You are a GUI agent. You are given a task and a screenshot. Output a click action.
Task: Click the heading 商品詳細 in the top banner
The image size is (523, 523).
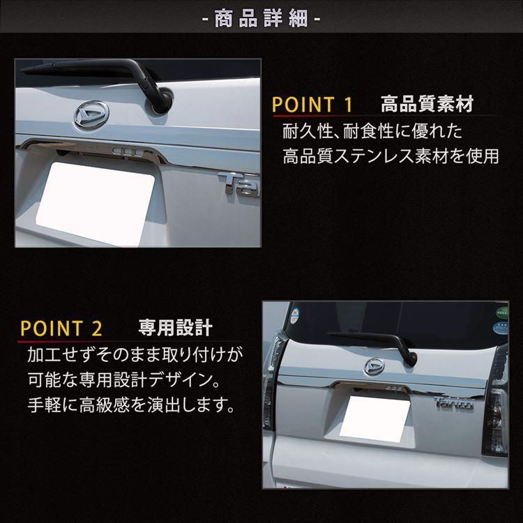tap(261, 18)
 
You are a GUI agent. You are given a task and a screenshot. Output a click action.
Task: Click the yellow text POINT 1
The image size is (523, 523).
tap(312, 105)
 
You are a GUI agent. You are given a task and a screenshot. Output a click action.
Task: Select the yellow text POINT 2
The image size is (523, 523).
tap(61, 328)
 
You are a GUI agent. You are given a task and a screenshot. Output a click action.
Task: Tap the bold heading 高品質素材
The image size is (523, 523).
tap(427, 104)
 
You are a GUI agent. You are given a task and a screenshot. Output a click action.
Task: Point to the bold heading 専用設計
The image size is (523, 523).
tap(176, 328)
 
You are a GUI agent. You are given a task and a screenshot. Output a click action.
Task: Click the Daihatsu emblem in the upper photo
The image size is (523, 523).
tap(91, 114)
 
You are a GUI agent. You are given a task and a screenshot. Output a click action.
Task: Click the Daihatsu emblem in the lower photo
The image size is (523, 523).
tap(374, 366)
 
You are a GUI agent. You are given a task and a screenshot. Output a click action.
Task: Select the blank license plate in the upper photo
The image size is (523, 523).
tap(96, 204)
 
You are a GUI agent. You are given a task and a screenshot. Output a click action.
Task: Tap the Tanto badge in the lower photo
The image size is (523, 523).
tap(454, 403)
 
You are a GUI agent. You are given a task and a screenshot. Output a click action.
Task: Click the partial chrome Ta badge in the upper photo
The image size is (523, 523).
tap(239, 184)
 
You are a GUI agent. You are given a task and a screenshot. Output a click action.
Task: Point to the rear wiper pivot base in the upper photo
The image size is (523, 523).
tap(163, 101)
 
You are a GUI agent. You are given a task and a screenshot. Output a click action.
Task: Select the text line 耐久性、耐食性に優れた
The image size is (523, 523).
tap(372, 131)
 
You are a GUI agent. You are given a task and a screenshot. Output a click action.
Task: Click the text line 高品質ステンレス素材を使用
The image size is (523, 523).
tap(391, 156)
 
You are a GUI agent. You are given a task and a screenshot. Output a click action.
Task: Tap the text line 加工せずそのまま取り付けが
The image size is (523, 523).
tap(135, 354)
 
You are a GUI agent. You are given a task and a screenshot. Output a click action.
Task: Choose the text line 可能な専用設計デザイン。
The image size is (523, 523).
tap(123, 379)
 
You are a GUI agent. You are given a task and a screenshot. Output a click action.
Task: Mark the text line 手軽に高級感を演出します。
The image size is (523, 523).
tap(131, 404)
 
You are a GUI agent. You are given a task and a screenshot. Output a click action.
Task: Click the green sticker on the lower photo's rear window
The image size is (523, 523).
tap(502, 313)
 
